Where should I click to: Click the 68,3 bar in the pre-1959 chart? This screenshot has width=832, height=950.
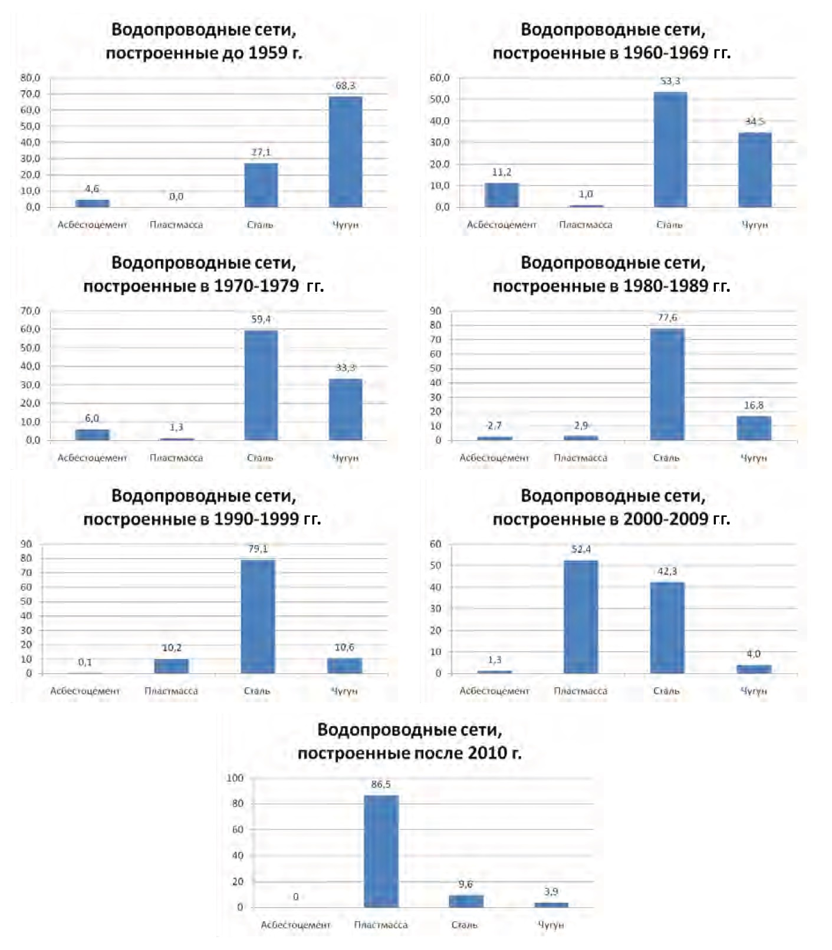pyautogui.click(x=346, y=151)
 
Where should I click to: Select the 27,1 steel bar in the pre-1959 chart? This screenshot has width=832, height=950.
pyautogui.click(x=261, y=185)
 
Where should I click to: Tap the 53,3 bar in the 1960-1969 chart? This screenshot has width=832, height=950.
pyautogui.click(x=670, y=149)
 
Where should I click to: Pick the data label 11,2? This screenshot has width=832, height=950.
pyautogui.click(x=502, y=172)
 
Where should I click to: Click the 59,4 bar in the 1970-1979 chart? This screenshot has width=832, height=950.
pyautogui.click(x=261, y=385)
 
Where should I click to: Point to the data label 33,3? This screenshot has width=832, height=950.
pyautogui.click(x=346, y=368)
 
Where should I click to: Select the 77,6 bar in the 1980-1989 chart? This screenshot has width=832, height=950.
pyautogui.click(x=667, y=384)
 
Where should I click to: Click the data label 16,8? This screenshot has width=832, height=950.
pyautogui.click(x=754, y=405)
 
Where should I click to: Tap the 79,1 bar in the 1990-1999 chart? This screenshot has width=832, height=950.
pyautogui.click(x=258, y=616)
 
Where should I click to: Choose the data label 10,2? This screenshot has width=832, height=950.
pyautogui.click(x=172, y=648)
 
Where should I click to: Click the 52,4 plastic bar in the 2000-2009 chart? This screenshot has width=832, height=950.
pyautogui.click(x=581, y=616)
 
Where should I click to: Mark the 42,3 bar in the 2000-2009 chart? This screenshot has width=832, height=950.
pyautogui.click(x=667, y=628)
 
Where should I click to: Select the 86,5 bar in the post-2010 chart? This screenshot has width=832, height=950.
pyautogui.click(x=381, y=851)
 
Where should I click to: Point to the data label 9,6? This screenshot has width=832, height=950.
pyautogui.click(x=465, y=884)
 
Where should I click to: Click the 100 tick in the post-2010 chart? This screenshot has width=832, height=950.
pyautogui.click(x=235, y=778)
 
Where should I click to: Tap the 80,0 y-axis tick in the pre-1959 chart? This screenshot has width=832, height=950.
pyautogui.click(x=30, y=78)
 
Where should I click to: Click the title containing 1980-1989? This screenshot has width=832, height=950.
pyautogui.click(x=612, y=275)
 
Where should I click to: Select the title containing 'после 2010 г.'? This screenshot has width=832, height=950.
pyautogui.click(x=410, y=741)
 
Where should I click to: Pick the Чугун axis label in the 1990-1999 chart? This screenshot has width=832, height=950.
pyautogui.click(x=344, y=691)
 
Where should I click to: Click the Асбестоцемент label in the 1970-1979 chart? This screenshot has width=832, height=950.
pyautogui.click(x=92, y=458)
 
